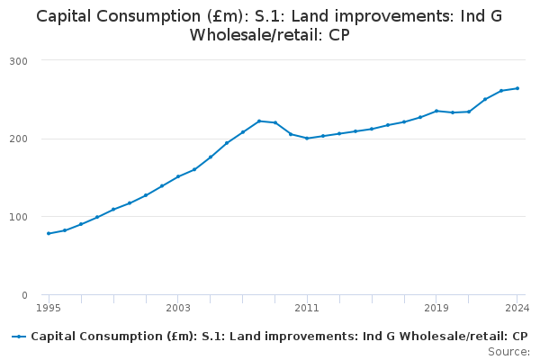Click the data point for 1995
[49, 234]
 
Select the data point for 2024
[517, 88]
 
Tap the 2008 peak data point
[259, 121]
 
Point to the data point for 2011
[307, 138]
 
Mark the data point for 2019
[436, 111]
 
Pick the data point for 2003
[178, 176]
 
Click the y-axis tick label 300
[19, 61]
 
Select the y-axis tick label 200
[19, 139]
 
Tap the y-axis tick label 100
[19, 217]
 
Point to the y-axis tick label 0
[24, 295]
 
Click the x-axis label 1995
[49, 308]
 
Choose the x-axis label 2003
[178, 308]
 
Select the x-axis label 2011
[307, 308]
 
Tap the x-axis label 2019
[436, 308]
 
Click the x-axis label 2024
[517, 308]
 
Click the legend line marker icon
[19, 337]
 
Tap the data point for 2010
[291, 134]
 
